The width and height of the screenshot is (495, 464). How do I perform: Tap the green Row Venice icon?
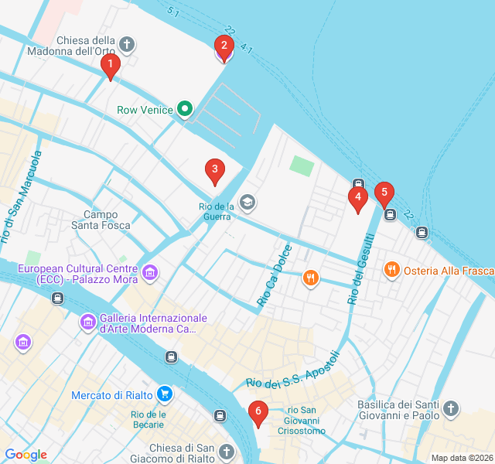click(184, 110)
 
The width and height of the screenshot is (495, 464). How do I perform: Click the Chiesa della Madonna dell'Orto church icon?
click(128, 45)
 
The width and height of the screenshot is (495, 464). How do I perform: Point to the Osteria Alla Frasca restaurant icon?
click(391, 270)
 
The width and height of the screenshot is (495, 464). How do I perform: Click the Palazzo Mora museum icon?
click(150, 272)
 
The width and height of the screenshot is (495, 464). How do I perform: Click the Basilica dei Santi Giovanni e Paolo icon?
click(451, 408)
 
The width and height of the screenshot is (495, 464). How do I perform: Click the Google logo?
click(26, 455)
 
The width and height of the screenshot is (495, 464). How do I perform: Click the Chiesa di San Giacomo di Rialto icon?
click(226, 451)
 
